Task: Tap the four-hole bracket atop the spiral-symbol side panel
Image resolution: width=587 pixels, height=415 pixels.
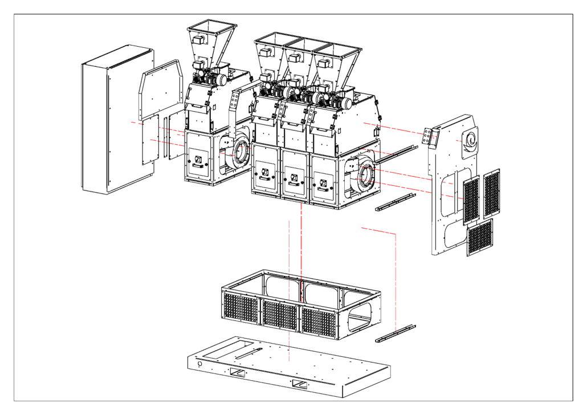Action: click(x=427, y=137)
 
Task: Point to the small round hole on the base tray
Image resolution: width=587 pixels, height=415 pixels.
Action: click(x=200, y=363)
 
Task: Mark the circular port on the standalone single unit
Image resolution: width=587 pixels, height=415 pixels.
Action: click(x=240, y=153)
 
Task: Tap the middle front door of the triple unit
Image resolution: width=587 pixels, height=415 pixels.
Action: click(x=295, y=176)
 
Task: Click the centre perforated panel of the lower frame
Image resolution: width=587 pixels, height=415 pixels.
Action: click(x=280, y=314)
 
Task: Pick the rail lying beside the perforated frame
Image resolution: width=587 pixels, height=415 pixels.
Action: click(x=396, y=333)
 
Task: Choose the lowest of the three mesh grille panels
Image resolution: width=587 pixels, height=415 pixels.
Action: click(x=480, y=238)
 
